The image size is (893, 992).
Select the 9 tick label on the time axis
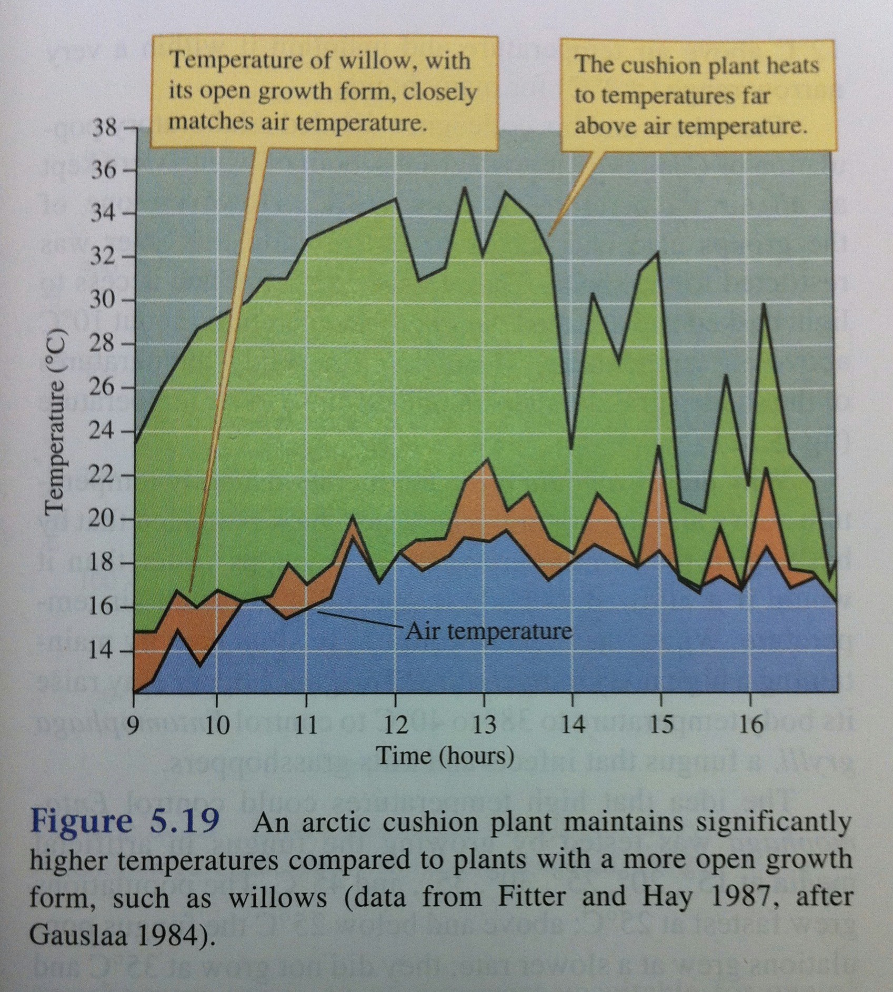tap(134, 726)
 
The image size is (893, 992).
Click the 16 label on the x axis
tap(750, 726)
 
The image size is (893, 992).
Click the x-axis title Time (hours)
tap(445, 756)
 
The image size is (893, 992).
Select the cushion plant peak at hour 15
tap(658, 252)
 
